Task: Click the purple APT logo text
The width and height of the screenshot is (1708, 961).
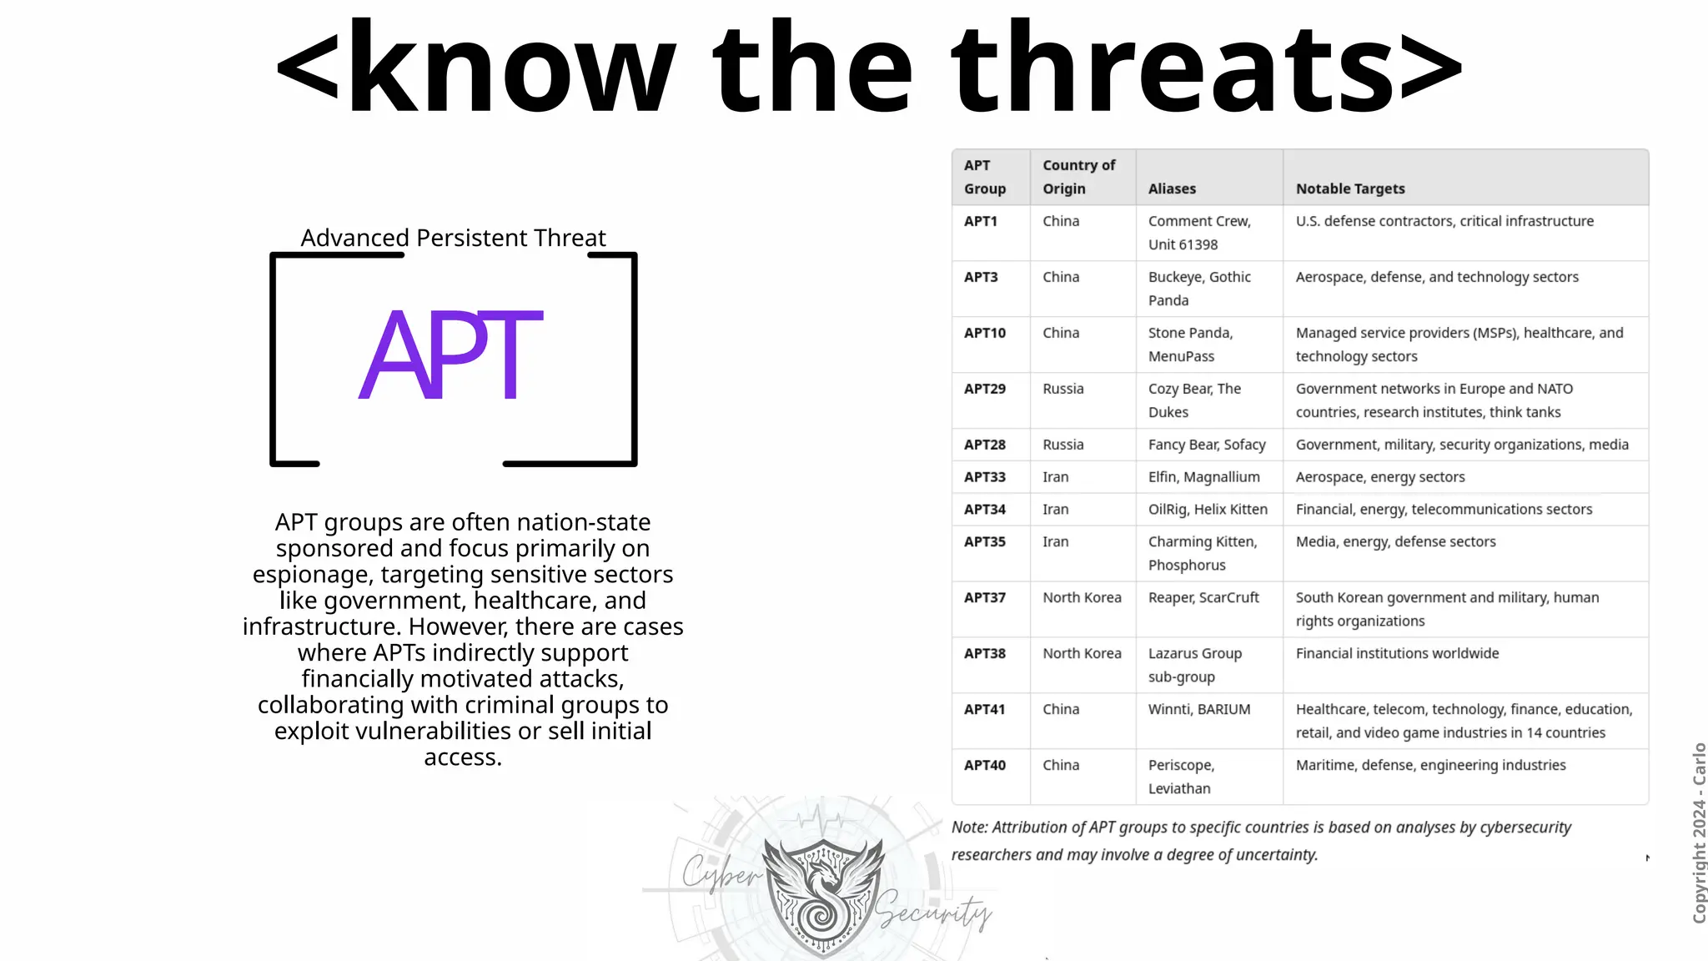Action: (451, 354)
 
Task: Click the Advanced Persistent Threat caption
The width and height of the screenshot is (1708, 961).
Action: (453, 238)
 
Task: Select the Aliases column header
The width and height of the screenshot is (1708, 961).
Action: (1172, 189)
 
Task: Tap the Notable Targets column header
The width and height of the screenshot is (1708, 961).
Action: (1350, 189)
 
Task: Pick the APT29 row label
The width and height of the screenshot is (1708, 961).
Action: (985, 389)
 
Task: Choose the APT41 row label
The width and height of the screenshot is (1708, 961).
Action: (985, 709)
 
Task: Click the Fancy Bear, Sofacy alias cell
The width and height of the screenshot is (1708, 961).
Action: (1207, 445)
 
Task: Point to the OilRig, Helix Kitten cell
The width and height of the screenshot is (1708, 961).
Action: (1208, 509)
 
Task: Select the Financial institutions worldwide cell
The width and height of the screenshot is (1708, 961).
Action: (1397, 653)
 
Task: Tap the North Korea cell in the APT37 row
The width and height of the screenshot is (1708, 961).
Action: (1082, 597)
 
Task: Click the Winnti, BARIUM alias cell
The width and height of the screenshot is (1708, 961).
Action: (1199, 709)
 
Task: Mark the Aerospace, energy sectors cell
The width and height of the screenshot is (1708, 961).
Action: (1380, 477)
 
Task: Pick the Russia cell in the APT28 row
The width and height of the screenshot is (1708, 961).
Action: (1063, 445)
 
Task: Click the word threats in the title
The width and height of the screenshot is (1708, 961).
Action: (1173, 68)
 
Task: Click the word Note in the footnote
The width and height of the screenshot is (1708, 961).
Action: (968, 828)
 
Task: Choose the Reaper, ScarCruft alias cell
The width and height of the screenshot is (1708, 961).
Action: (1203, 597)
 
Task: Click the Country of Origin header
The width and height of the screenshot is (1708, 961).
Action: (1078, 177)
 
